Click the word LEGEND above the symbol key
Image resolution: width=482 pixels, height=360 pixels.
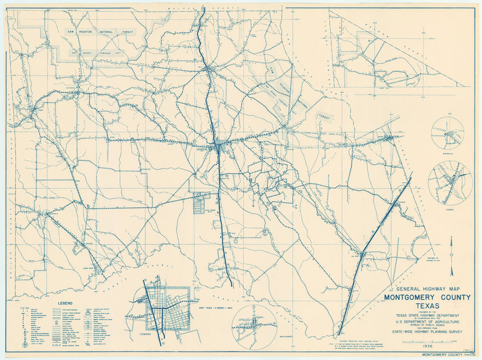tap(67, 303)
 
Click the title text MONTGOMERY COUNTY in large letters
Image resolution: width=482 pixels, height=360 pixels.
tap(427, 297)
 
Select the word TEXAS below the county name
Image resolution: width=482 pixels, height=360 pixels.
tap(427, 306)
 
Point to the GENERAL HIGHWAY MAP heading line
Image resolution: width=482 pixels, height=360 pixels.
tap(427, 289)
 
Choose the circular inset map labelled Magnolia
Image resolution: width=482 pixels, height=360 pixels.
tap(447, 133)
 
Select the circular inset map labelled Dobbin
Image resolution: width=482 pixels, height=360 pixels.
tap(450, 183)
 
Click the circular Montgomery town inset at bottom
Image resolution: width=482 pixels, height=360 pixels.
tap(255, 326)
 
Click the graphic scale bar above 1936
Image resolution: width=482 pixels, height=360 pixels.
tap(423, 342)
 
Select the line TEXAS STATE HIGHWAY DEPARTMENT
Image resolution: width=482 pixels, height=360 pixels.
tap(427, 315)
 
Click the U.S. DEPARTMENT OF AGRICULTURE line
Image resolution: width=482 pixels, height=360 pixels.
tap(427, 321)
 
